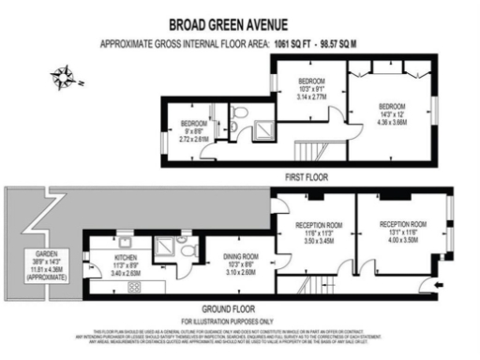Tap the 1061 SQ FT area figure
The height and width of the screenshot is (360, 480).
[294, 43]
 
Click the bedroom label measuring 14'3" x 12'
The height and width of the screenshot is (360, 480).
[392, 114]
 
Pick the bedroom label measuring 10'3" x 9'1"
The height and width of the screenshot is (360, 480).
[311, 87]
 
